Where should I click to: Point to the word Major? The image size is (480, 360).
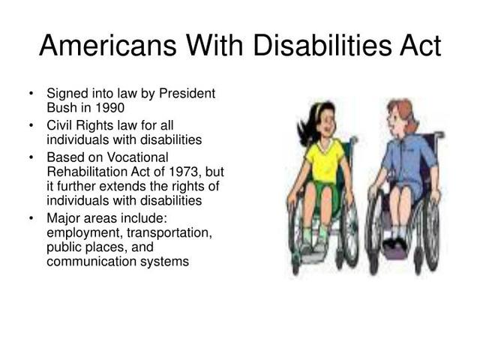coord(63,218)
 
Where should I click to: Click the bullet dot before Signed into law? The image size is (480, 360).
coord(31,94)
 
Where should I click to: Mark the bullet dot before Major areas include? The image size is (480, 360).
coord(31,219)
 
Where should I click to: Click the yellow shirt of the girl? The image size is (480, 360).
coord(323,159)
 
